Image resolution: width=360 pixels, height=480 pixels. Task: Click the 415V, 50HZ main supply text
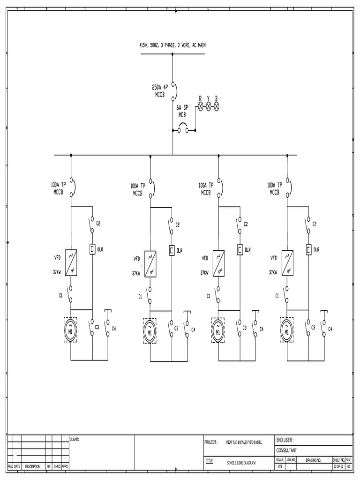pyautogui.click(x=172, y=45)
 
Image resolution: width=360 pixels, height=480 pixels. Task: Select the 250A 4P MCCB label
pyautogui.click(x=160, y=90)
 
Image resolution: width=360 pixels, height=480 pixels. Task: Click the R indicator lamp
pyautogui.click(x=200, y=107)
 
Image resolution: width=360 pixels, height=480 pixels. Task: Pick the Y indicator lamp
pyautogui.click(x=209, y=107)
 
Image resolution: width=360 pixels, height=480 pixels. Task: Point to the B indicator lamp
pyautogui.click(x=217, y=107)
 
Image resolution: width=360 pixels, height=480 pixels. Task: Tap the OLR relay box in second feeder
pyautogui.click(x=172, y=251)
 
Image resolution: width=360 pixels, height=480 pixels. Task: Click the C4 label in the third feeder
pyautogui.click(x=261, y=329)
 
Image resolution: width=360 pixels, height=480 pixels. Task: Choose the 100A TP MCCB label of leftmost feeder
pyautogui.click(x=60, y=188)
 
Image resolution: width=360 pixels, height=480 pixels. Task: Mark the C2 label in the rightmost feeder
pyautogui.click(x=315, y=224)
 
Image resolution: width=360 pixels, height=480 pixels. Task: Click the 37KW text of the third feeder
pyautogui.click(x=205, y=272)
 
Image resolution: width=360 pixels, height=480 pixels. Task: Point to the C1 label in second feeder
pyautogui.click(x=140, y=296)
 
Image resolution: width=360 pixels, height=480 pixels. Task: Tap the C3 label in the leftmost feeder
pyautogui.click(x=97, y=327)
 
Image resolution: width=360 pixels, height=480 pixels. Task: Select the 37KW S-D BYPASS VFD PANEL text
pyautogui.click(x=244, y=442)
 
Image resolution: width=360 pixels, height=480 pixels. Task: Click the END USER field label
pyautogui.click(x=285, y=440)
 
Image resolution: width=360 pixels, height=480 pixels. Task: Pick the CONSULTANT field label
pyautogui.click(x=287, y=450)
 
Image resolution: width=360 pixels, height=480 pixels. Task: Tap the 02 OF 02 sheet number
pyautogui.click(x=338, y=467)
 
